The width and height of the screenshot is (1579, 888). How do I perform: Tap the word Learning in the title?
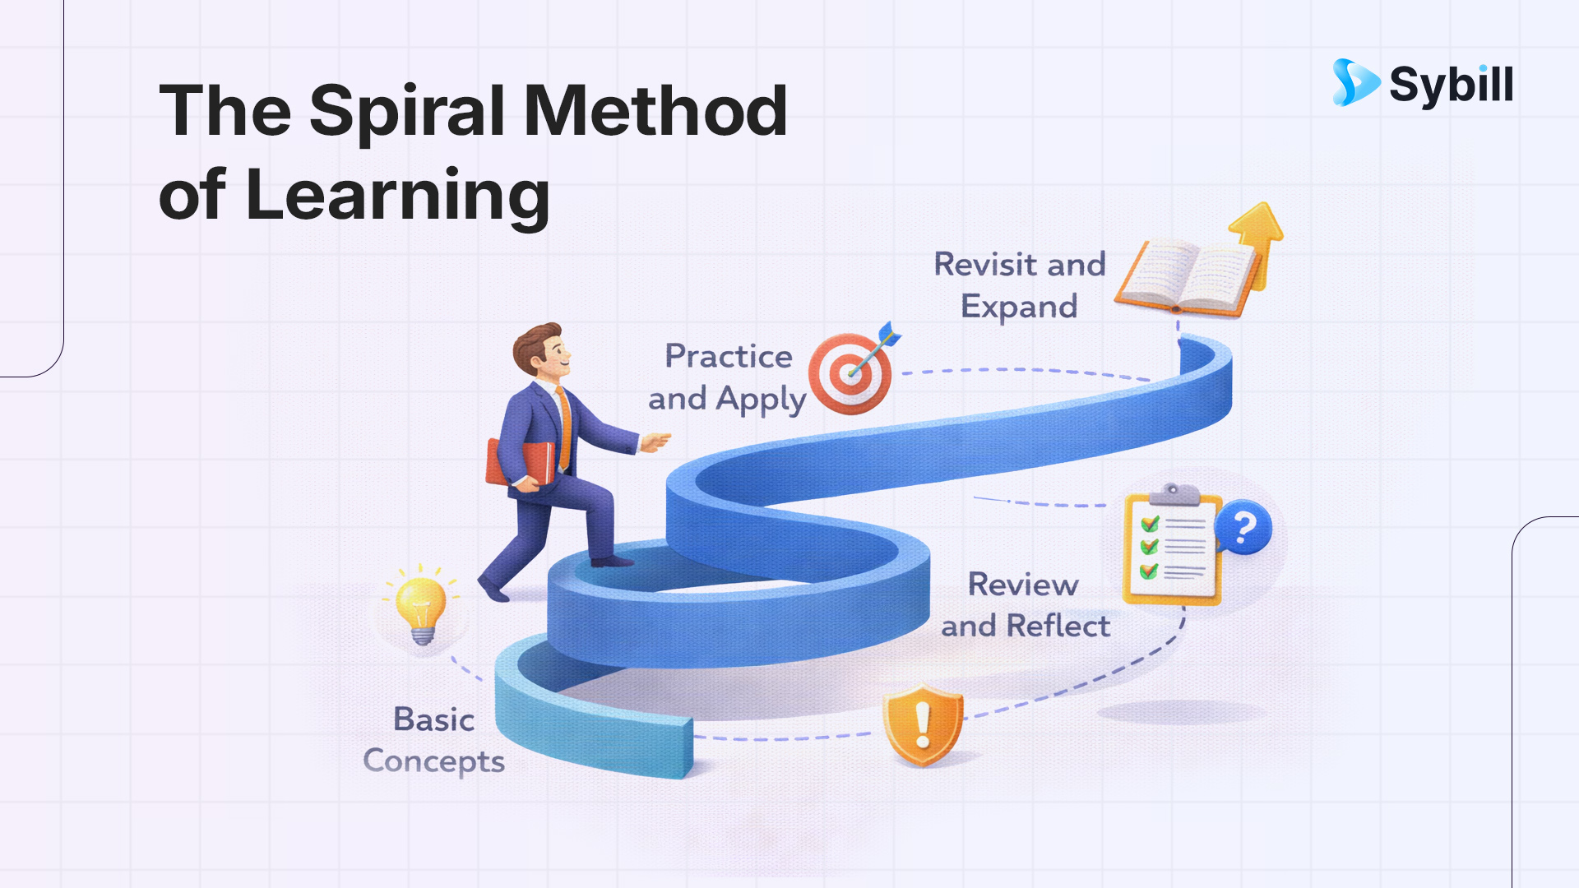point(397,196)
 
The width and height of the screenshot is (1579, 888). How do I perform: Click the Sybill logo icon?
point(1354,83)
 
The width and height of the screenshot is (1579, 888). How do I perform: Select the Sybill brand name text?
point(1451,85)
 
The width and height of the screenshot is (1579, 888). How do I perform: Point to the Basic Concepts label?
point(434,740)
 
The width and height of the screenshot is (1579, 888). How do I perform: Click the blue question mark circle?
point(1243,527)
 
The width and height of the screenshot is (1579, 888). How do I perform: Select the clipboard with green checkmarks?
point(1171,547)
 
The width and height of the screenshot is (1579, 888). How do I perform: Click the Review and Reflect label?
point(1025,605)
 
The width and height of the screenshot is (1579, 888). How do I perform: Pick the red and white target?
point(850,374)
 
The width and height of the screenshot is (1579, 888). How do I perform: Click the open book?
point(1184,278)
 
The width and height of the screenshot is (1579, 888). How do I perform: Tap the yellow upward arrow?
point(1257,238)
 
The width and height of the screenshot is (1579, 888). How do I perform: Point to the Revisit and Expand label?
point(1020,285)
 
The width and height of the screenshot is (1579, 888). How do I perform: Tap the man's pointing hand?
point(655,442)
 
